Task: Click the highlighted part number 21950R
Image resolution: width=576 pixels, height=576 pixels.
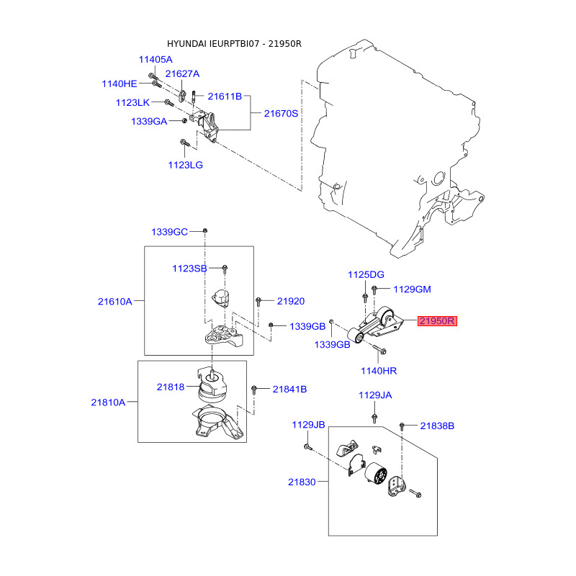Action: click(x=437, y=321)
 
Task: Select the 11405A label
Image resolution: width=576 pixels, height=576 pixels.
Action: click(x=156, y=60)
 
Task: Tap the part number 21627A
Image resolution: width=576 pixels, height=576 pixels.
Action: click(x=182, y=74)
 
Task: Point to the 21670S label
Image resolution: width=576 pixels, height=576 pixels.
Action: click(x=281, y=114)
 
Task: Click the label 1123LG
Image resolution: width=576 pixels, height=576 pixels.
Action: click(x=186, y=165)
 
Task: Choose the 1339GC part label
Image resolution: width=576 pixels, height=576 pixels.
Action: click(x=169, y=232)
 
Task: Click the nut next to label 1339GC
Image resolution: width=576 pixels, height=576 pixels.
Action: click(x=205, y=230)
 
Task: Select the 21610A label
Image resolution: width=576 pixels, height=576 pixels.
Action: click(x=114, y=302)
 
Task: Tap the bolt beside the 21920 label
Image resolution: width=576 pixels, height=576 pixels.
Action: click(x=258, y=302)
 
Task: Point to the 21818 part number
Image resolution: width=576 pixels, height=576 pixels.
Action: click(x=171, y=387)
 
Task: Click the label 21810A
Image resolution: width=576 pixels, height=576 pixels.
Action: click(x=108, y=402)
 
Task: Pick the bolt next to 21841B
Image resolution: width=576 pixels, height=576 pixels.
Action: click(x=254, y=390)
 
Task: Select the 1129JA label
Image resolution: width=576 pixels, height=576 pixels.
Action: click(x=375, y=395)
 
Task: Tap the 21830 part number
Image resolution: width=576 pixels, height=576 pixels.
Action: click(x=302, y=482)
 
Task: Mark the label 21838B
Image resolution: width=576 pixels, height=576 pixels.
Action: click(x=437, y=426)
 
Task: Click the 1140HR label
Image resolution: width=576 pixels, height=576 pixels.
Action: click(x=379, y=371)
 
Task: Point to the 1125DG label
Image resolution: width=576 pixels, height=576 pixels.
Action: click(x=366, y=275)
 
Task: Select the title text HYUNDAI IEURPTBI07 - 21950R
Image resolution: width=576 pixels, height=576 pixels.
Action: click(x=234, y=44)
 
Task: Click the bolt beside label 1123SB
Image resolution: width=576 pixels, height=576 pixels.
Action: click(x=225, y=269)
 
